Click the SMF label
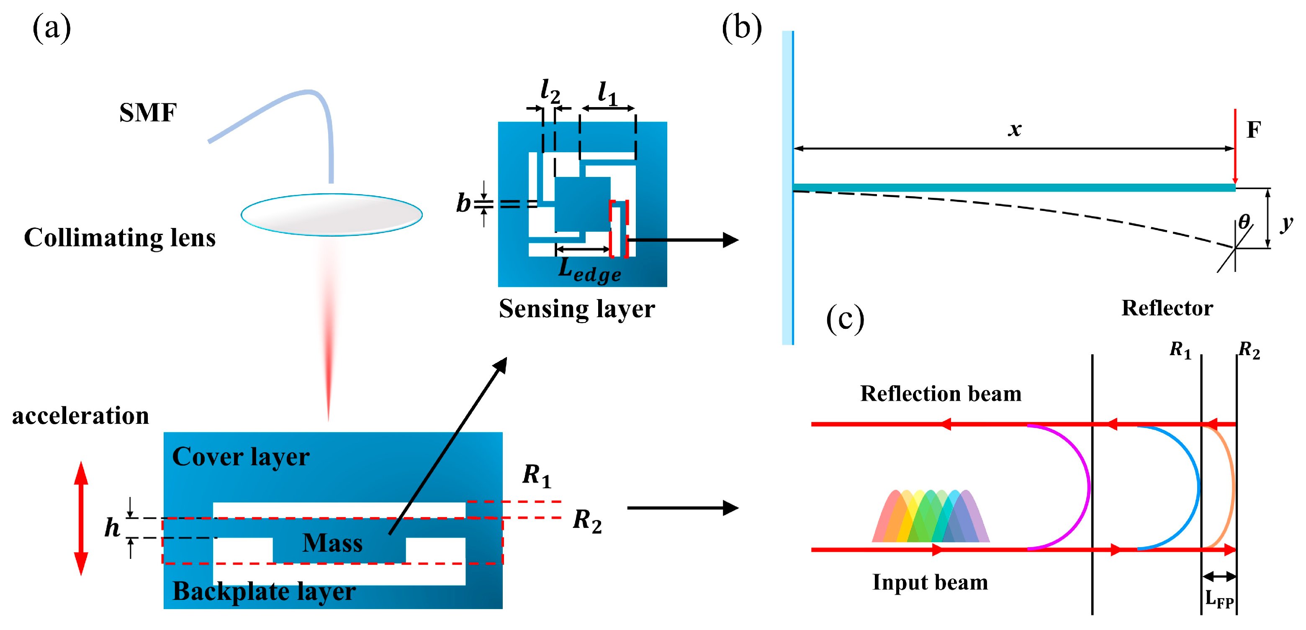pyautogui.click(x=147, y=113)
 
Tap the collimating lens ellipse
pyautogui.click(x=332, y=215)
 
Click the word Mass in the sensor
pyautogui.click(x=333, y=543)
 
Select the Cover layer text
pyautogui.click(x=241, y=457)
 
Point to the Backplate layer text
pyautogui.click(x=264, y=591)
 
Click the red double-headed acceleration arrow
pyautogui.click(x=81, y=518)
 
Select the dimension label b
pyautogui.click(x=463, y=203)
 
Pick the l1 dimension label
pyautogui.click(x=607, y=93)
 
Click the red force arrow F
pyautogui.click(x=1235, y=147)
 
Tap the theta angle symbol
pyautogui.click(x=1244, y=221)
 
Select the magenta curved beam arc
pyautogui.click(x=1082, y=487)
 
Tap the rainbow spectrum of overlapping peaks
pyautogui.click(x=931, y=517)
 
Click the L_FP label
pyautogui.click(x=1219, y=599)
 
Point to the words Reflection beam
pyautogui.click(x=941, y=394)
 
